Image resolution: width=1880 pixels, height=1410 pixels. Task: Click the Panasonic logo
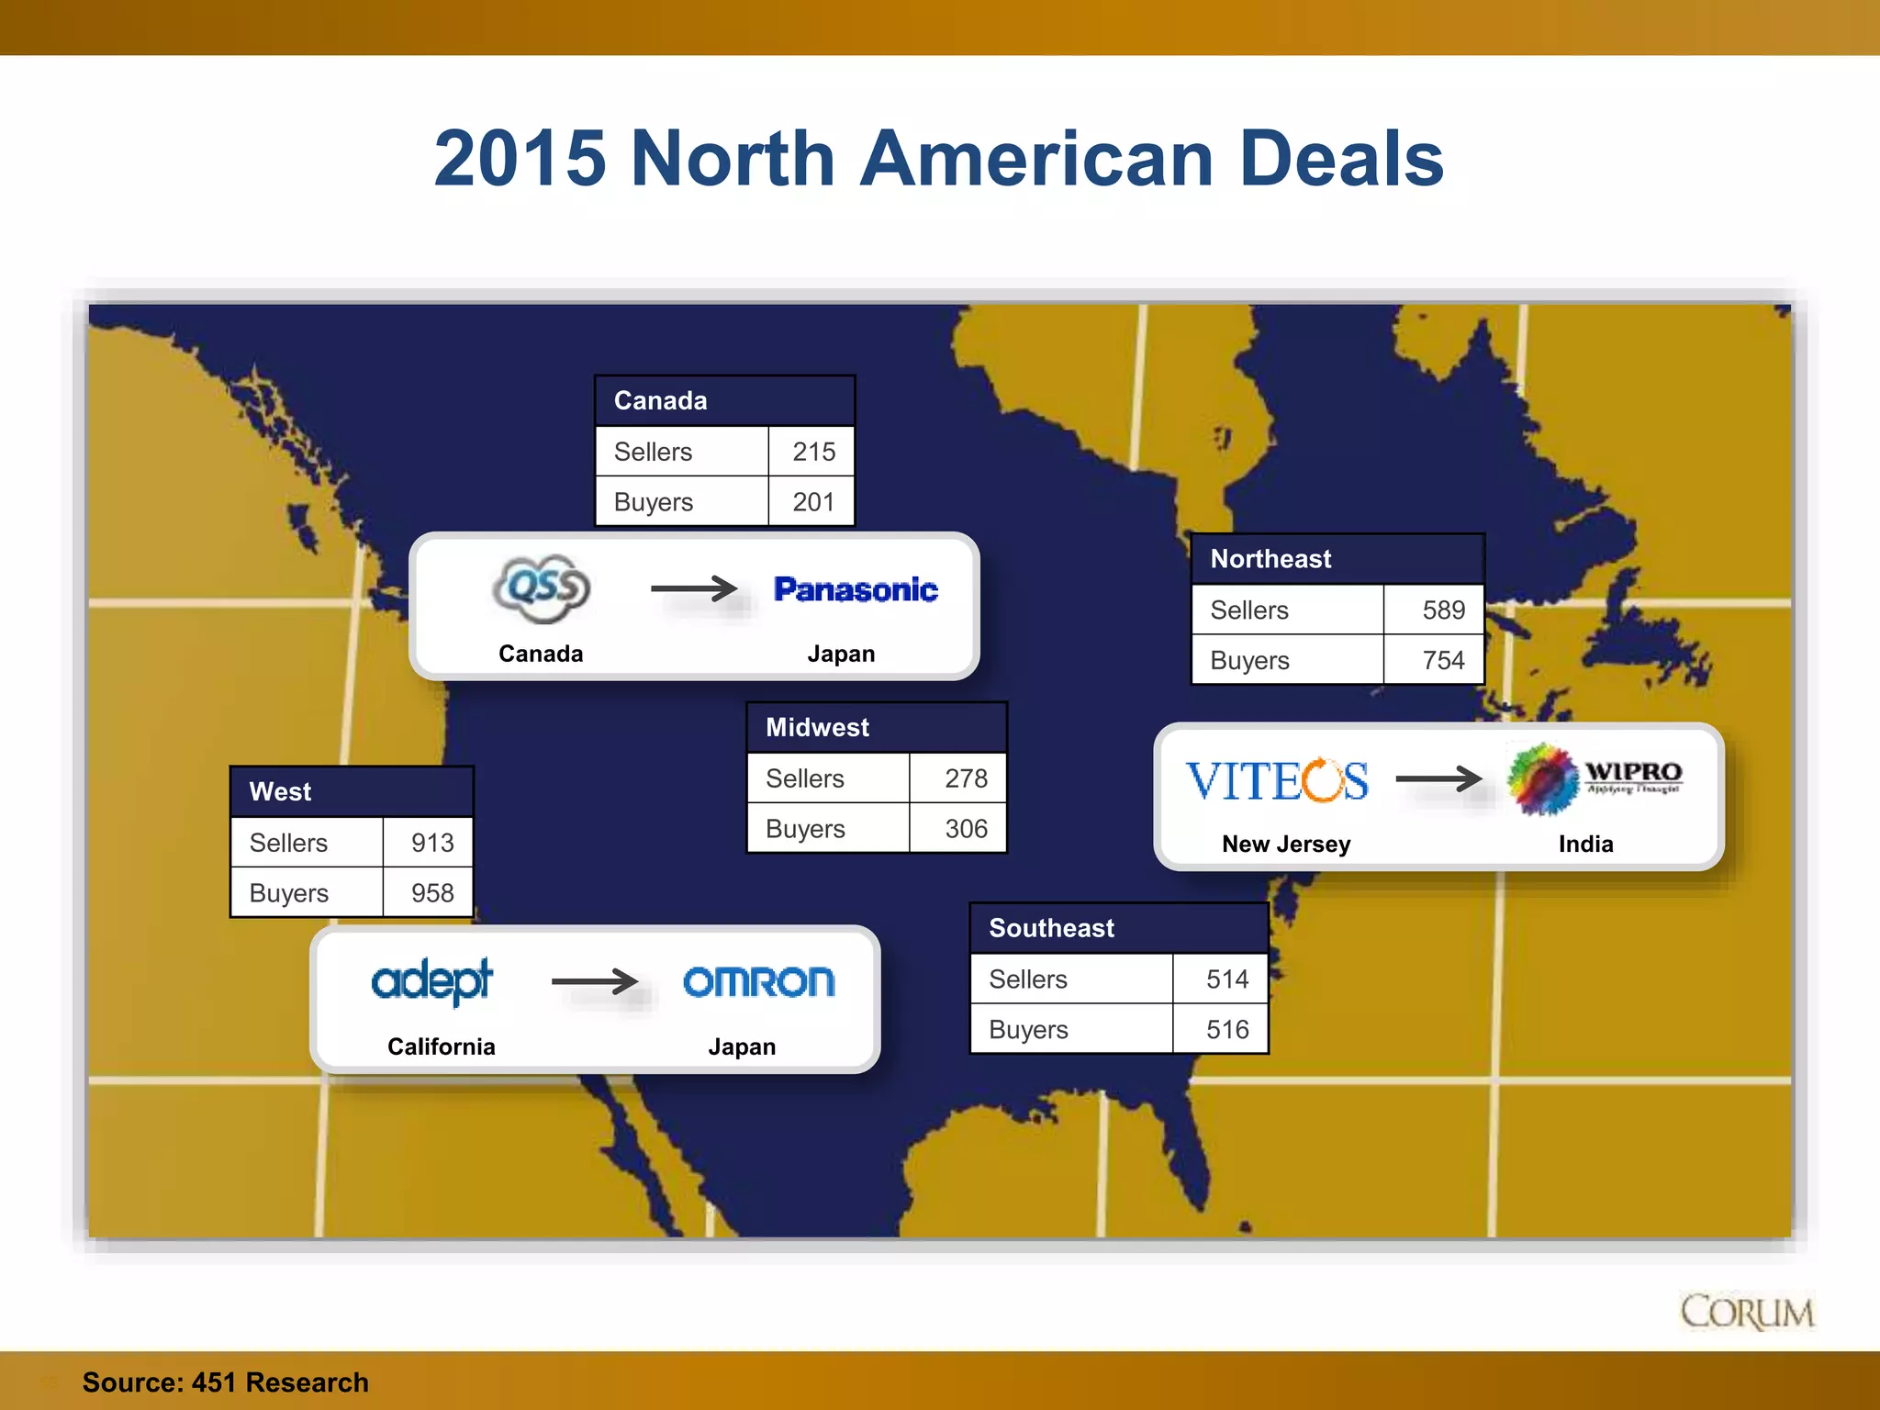(856, 589)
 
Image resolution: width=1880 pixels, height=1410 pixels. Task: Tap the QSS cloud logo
(542, 587)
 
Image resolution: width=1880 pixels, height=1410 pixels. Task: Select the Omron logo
(759, 981)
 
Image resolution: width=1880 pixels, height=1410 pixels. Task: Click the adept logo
(431, 981)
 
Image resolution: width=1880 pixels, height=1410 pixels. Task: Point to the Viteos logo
(1276, 780)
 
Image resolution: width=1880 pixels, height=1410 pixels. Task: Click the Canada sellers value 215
(813, 452)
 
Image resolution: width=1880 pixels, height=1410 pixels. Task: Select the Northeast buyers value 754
(1443, 660)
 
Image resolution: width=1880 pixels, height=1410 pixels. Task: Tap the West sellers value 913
(432, 843)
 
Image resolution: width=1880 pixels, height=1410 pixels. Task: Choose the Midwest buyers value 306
(966, 829)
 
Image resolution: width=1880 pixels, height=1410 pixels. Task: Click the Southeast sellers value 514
(1227, 979)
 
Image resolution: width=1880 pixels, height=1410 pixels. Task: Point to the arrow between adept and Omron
(595, 981)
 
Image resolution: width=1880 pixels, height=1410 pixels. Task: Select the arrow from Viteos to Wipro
(1438, 779)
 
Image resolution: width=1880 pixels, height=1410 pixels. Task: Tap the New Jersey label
(1286, 844)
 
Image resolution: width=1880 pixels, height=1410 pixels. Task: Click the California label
(441, 1046)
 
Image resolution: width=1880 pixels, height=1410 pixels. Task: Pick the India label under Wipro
(1585, 844)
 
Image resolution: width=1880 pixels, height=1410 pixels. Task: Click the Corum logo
(1747, 1312)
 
